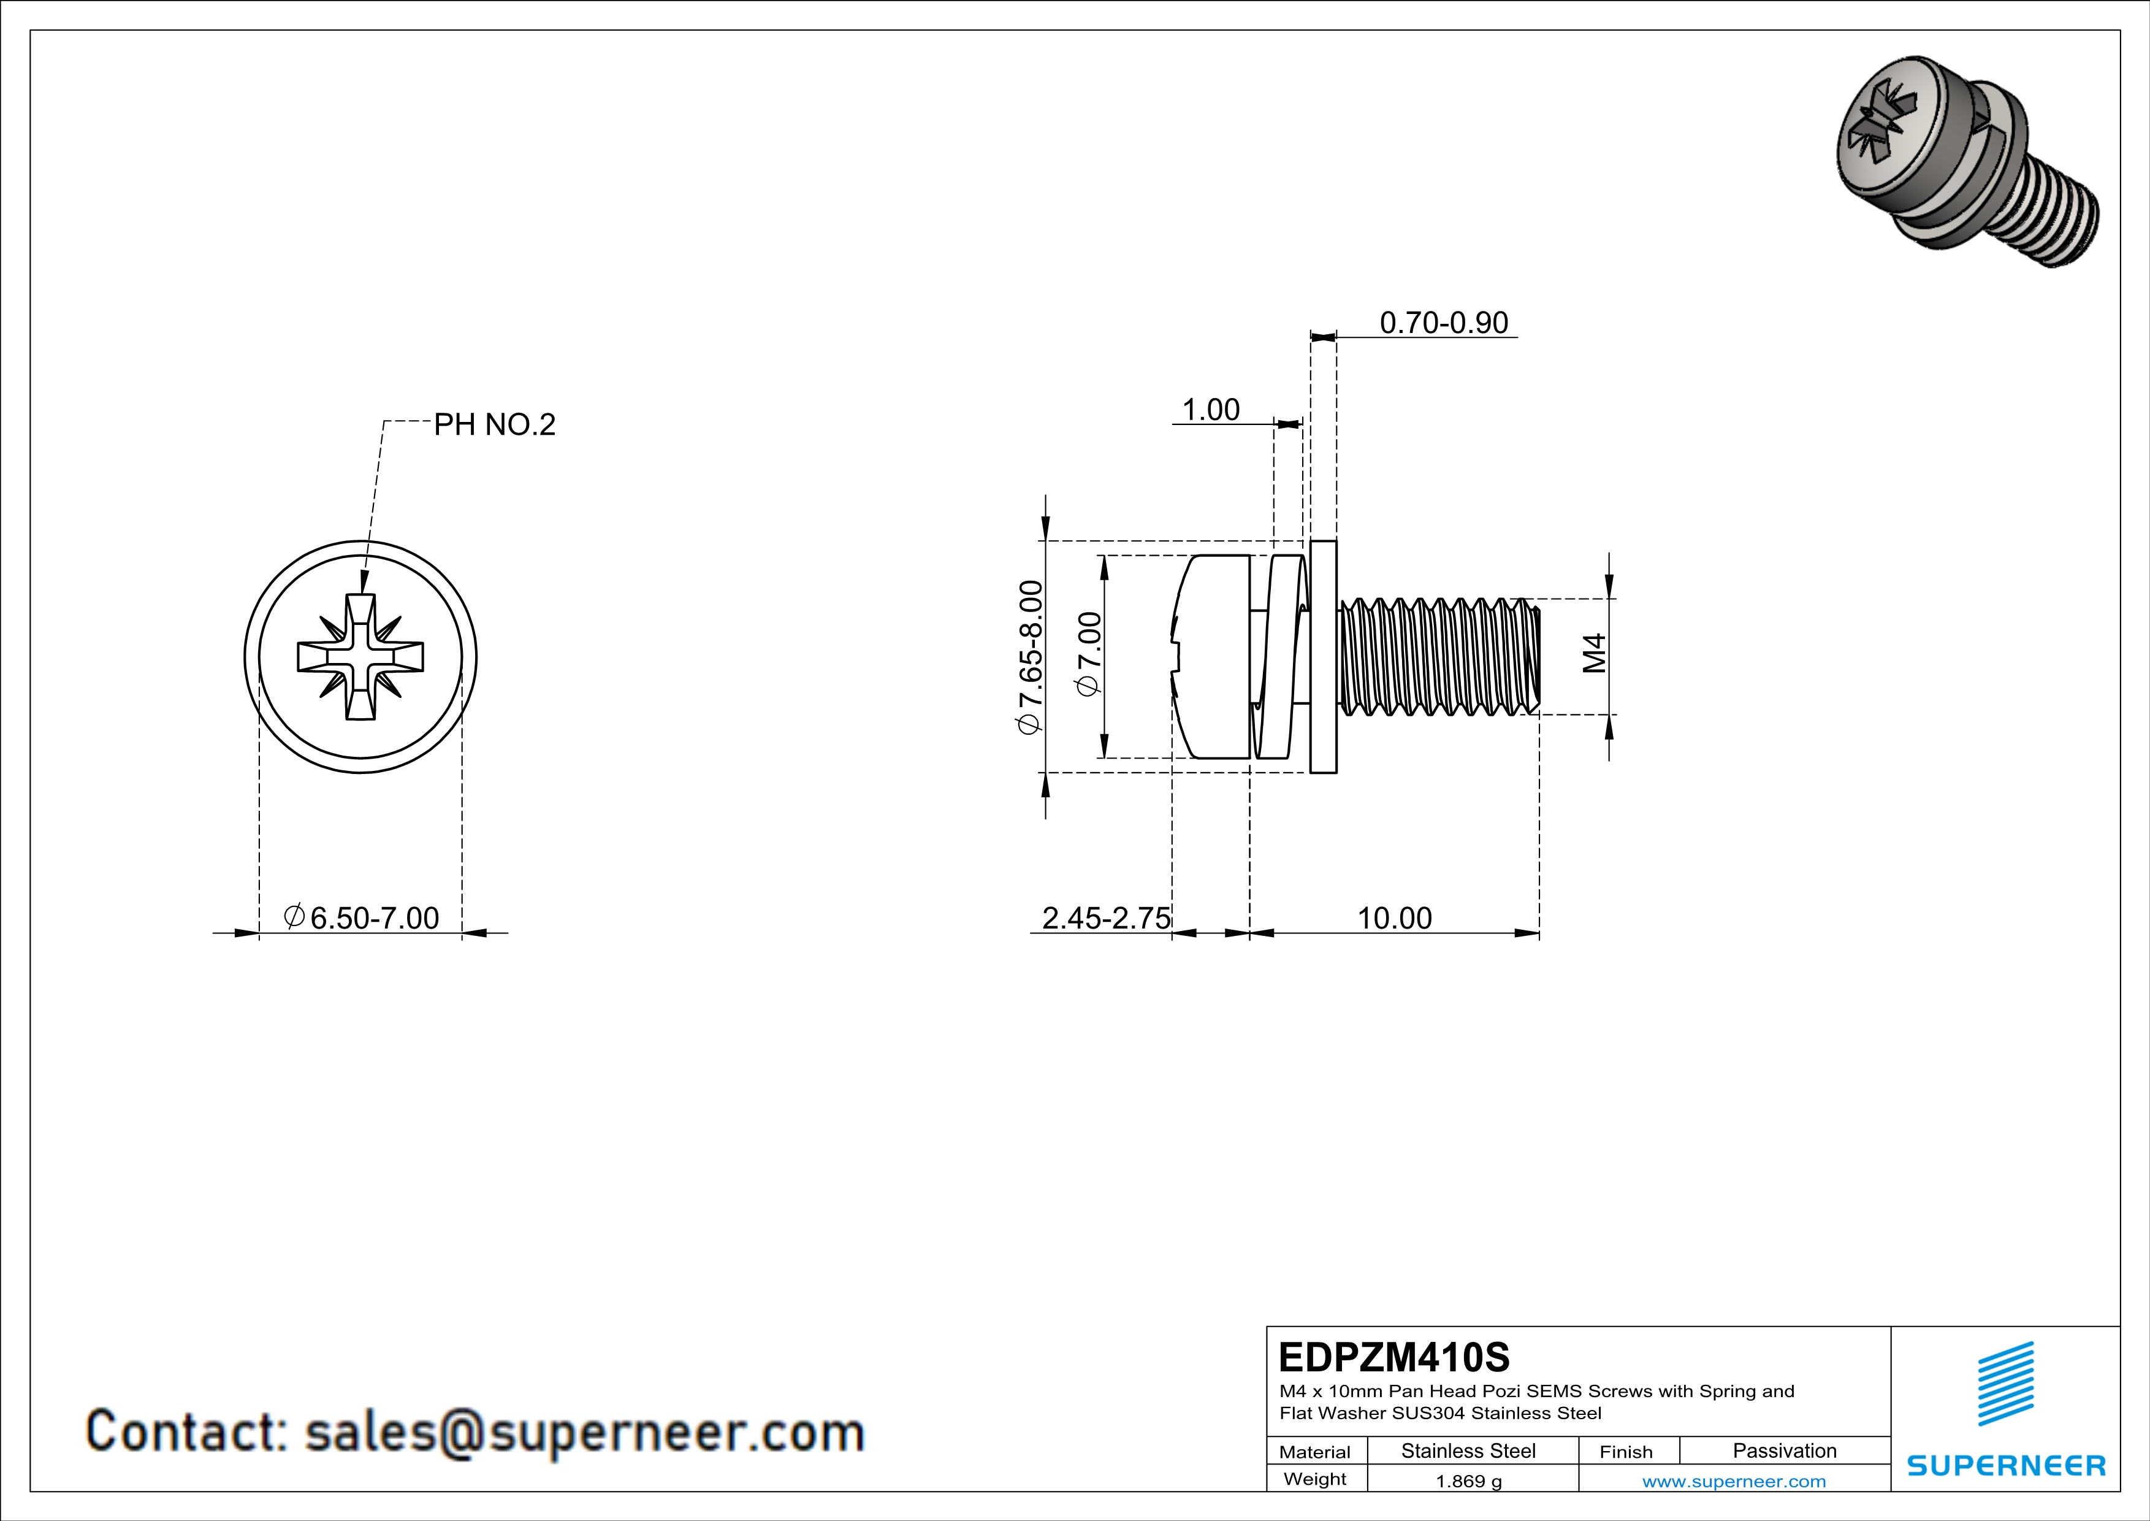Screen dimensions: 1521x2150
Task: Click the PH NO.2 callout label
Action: click(x=494, y=425)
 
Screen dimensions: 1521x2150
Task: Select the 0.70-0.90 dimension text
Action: click(x=1444, y=323)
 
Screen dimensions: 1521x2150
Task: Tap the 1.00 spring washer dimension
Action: click(x=1211, y=410)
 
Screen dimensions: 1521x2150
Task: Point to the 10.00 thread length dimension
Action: click(x=1394, y=918)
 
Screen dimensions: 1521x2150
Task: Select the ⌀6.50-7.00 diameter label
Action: click(x=362, y=918)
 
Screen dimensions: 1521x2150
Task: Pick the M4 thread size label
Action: click(x=1595, y=654)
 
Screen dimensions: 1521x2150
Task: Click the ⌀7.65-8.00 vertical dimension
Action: click(x=1030, y=657)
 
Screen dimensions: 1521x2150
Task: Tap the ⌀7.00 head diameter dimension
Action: click(x=1089, y=654)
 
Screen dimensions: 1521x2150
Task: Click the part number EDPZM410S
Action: click(x=1394, y=1357)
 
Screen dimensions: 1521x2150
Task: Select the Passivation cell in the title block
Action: click(x=1784, y=1450)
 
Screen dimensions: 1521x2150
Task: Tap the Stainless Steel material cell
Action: click(x=1468, y=1450)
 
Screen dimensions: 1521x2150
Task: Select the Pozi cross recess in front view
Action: click(x=360, y=656)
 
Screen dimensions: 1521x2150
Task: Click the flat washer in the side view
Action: click(x=1323, y=656)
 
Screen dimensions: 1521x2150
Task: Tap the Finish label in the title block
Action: click(x=1626, y=1452)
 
